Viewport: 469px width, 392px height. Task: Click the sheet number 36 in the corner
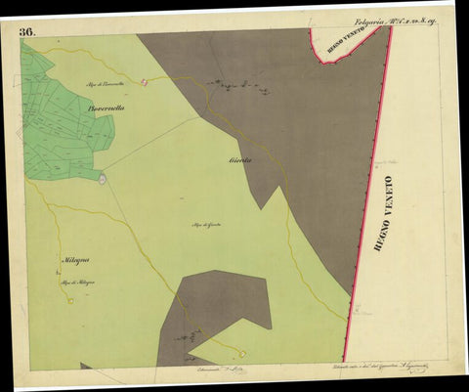point(26,31)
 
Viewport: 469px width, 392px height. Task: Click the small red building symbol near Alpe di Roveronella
point(145,81)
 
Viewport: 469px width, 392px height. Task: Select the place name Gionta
point(240,159)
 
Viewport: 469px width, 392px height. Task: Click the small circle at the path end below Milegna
point(70,300)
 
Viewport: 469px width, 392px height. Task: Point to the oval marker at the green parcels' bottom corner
point(102,177)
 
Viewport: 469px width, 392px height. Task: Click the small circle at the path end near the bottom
point(242,354)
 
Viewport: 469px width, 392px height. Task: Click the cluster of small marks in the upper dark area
point(239,88)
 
